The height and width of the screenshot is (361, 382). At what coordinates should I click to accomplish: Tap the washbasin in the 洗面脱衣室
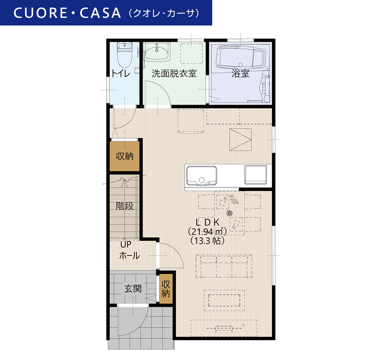pyautogui.click(x=156, y=52)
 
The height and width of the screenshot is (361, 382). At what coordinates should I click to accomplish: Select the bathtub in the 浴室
pyautogui.click(x=241, y=57)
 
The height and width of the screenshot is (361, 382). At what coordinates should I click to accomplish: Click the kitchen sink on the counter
pyautogui.click(x=202, y=176)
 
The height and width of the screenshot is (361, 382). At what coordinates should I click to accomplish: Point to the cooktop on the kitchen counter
pyautogui.click(x=256, y=175)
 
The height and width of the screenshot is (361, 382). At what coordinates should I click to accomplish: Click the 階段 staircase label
pyautogui.click(x=125, y=206)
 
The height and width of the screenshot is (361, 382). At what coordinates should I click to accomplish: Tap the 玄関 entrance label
pyautogui.click(x=133, y=289)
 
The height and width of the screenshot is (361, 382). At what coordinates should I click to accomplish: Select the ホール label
pyautogui.click(x=129, y=255)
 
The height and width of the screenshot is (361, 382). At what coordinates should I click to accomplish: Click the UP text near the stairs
pyautogui.click(x=126, y=244)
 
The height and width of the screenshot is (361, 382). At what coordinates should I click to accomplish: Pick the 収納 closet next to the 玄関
pyautogui.click(x=166, y=289)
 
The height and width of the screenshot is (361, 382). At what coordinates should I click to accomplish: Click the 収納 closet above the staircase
pyautogui.click(x=124, y=156)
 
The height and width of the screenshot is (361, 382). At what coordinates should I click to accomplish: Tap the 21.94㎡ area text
pyautogui.click(x=208, y=231)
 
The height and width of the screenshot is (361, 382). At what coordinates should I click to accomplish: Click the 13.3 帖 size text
pyautogui.click(x=208, y=241)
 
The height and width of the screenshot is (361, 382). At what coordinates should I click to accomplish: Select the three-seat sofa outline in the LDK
pyautogui.click(x=224, y=266)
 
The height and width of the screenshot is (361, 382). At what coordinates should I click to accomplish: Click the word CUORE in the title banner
pyautogui.click(x=40, y=13)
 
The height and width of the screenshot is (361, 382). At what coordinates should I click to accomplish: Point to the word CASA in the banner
pyautogui.click(x=100, y=13)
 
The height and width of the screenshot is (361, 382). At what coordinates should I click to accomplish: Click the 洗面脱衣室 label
pyautogui.click(x=174, y=73)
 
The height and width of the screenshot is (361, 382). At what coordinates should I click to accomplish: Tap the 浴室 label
pyautogui.click(x=241, y=73)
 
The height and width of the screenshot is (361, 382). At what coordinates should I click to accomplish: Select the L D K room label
pyautogui.click(x=208, y=222)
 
